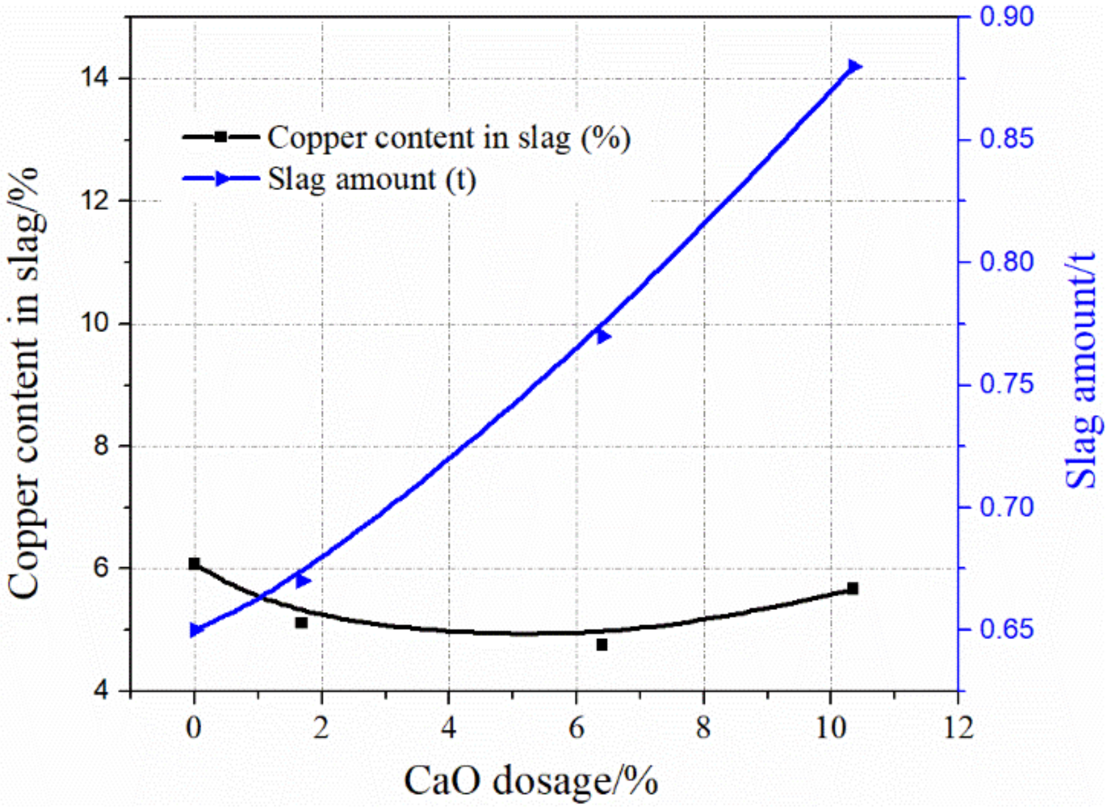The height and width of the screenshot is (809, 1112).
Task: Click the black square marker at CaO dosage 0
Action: click(x=194, y=563)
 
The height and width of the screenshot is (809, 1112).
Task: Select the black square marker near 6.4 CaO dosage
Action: click(x=602, y=644)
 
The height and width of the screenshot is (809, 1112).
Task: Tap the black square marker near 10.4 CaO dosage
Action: click(x=852, y=588)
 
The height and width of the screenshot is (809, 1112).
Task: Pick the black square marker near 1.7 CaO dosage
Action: click(x=301, y=623)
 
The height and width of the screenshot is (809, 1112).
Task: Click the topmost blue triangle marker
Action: click(x=854, y=66)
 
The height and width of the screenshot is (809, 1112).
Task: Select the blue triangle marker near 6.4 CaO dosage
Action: click(x=603, y=336)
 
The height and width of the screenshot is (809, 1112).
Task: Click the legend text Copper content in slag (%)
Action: click(x=449, y=138)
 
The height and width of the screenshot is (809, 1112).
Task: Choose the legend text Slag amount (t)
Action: click(x=372, y=179)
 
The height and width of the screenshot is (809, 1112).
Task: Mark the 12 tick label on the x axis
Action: click(x=958, y=728)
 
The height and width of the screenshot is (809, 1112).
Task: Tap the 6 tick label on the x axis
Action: click(x=576, y=728)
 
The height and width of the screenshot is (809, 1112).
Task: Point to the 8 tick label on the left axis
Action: click(x=101, y=446)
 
